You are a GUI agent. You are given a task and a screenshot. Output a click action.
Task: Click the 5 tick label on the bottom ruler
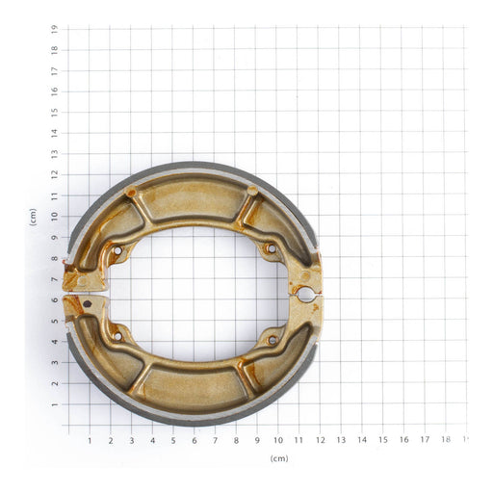coord(173,440)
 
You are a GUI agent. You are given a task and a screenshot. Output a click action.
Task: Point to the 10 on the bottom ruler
coord(277,440)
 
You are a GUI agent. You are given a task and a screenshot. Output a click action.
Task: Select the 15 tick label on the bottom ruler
coord(382,440)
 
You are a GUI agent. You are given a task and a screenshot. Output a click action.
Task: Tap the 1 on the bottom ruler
coord(90,440)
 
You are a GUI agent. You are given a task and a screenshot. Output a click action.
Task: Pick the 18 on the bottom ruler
coord(445,440)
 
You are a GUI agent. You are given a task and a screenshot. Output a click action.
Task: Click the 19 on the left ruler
coord(56,29)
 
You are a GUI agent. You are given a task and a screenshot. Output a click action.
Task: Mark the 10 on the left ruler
coord(56,217)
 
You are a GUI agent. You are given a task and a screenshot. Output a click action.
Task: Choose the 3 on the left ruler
coord(56,363)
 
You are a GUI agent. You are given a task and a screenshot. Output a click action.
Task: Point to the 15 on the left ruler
coord(56,113)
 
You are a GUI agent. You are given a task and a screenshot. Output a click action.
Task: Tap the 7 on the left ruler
coord(56,279)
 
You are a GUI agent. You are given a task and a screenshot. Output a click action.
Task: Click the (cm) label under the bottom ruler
coord(279,458)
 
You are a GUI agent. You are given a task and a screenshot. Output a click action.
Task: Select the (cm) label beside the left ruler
coord(33,217)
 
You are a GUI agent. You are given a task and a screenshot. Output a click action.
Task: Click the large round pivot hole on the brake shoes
coord(306,293)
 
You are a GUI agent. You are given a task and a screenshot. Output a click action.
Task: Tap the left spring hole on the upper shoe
coord(117,250)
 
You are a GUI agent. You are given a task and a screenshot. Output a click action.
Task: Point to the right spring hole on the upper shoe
coord(271,248)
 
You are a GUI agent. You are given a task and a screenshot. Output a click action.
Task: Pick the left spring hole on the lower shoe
coord(117,336)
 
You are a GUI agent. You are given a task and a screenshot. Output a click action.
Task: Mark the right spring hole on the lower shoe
coord(272,339)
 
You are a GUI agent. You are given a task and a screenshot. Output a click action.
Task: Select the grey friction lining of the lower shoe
coord(193,417)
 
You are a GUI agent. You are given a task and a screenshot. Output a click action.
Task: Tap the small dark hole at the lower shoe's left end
coord(88,303)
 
